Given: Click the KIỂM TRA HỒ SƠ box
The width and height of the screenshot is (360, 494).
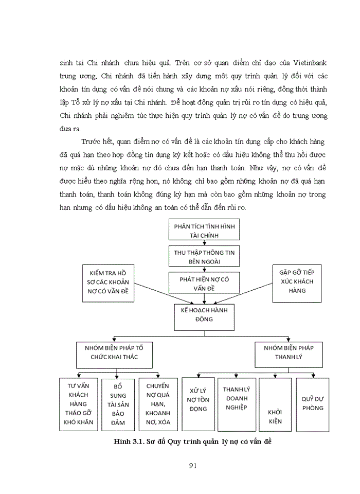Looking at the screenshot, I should (x=107, y=283).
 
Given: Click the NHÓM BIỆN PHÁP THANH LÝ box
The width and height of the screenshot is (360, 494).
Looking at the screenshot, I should (x=288, y=352).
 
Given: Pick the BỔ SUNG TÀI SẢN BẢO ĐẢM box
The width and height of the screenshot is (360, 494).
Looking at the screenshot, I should (x=118, y=404).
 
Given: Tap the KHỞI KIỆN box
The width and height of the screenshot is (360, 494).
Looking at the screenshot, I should (x=275, y=404).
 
